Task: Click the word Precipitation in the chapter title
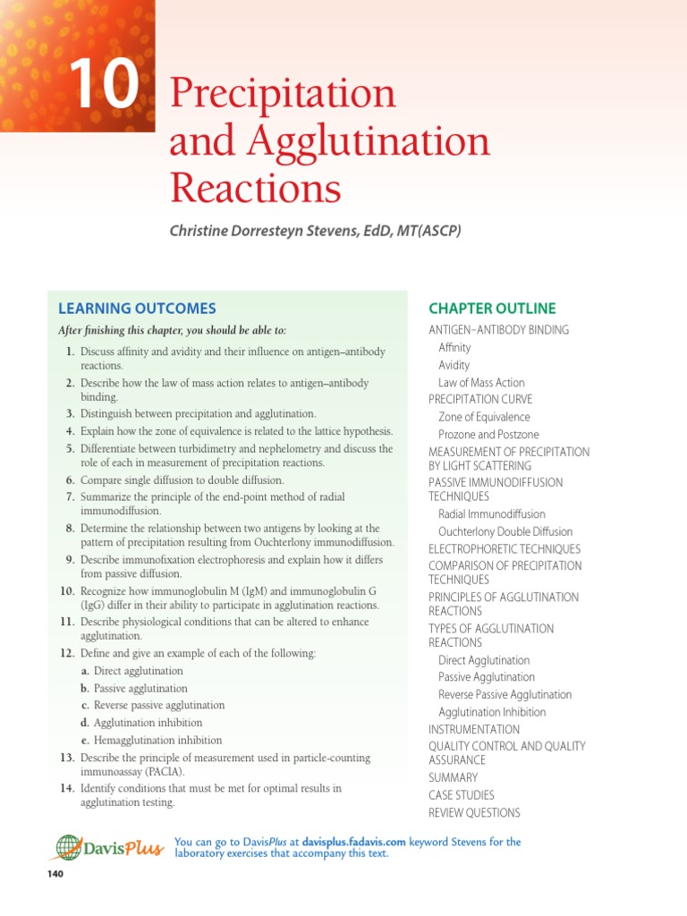(x=282, y=94)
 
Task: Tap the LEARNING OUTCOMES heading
(x=137, y=309)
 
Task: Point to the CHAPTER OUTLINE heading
(x=492, y=309)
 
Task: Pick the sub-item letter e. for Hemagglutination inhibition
(x=85, y=741)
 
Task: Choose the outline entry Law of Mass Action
(x=481, y=383)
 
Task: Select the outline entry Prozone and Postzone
(x=489, y=434)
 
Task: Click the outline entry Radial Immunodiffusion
(x=491, y=514)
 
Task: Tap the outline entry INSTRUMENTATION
(x=473, y=729)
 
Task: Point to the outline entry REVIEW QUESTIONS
(x=474, y=812)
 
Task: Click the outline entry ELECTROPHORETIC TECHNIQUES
(x=505, y=548)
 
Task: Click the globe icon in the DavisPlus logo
(x=68, y=848)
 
